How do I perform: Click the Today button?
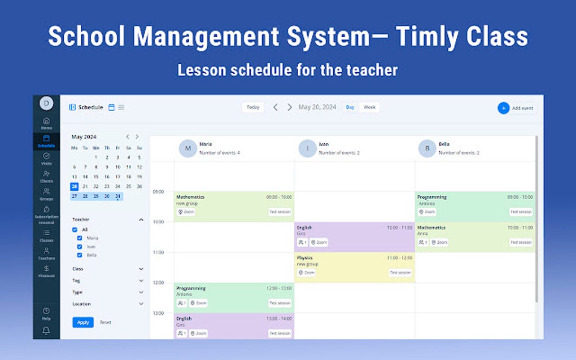(253, 107)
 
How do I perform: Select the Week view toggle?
(369, 107)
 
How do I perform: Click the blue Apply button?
(83, 322)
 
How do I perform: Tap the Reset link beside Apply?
(106, 322)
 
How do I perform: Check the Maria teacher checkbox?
(80, 238)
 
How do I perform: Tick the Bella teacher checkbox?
(80, 255)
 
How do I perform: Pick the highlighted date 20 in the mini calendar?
(74, 186)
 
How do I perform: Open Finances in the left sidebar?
(46, 271)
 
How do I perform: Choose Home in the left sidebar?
(46, 122)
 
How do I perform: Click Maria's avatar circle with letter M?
(188, 148)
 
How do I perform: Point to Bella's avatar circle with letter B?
(427, 148)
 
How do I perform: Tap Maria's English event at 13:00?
(234, 326)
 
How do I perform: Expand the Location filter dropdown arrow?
(141, 304)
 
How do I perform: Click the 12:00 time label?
(158, 283)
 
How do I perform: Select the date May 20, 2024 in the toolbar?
(317, 107)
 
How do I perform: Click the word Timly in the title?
(431, 37)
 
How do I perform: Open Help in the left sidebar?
(46, 313)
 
